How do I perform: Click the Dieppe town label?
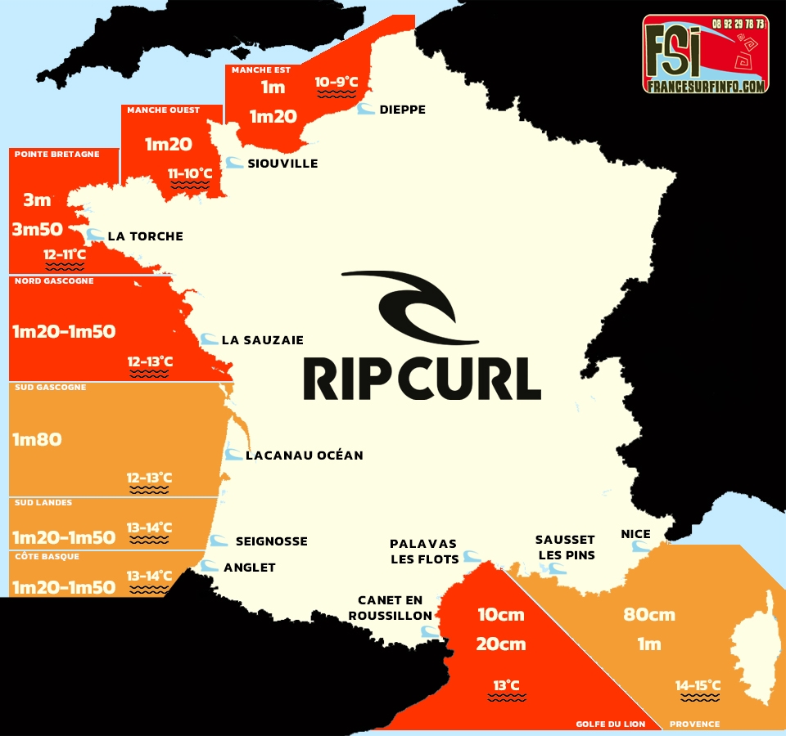coord(402,110)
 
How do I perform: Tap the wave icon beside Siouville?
coord(234,163)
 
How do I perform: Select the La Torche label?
coord(145,236)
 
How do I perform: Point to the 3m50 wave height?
coord(38,229)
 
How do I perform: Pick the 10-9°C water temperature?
coord(337,82)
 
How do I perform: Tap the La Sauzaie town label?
coord(263,339)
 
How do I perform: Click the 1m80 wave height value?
coord(37,439)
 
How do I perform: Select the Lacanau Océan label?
coord(304,455)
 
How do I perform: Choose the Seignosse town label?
coord(271,541)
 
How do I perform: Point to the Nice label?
coord(635,534)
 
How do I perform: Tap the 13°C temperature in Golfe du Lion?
coord(506,685)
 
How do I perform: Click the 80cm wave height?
coord(649,615)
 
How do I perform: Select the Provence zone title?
coord(695,724)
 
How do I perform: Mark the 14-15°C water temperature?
coord(698,685)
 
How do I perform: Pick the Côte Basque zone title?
coord(42,555)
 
